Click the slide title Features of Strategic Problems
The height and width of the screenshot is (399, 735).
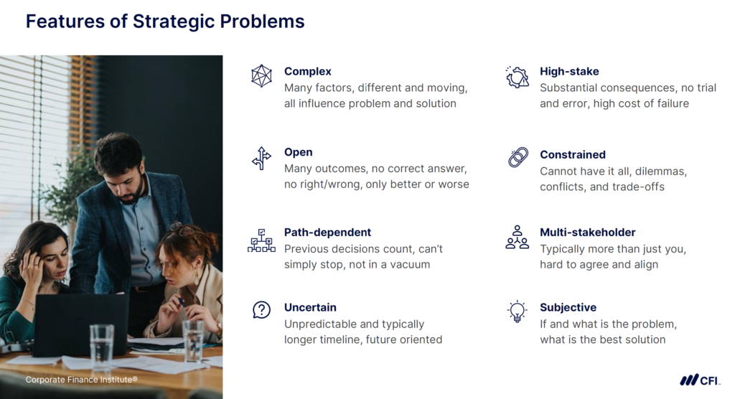pyautogui.click(x=165, y=22)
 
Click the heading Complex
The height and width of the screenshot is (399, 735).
pyautogui.click(x=307, y=71)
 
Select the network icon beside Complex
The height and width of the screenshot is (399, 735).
pyautogui.click(x=261, y=76)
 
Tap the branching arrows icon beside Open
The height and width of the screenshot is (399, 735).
pyautogui.click(x=261, y=158)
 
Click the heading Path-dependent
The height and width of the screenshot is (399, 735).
pyautogui.click(x=327, y=233)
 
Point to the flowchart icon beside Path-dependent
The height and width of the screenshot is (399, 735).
pyautogui.click(x=261, y=240)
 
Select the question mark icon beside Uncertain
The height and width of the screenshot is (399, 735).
pyautogui.click(x=261, y=310)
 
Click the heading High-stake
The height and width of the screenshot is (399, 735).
pyautogui.click(x=569, y=71)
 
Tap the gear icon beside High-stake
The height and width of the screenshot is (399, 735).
pyautogui.click(x=517, y=77)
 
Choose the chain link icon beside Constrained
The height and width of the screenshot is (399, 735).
pyautogui.click(x=518, y=158)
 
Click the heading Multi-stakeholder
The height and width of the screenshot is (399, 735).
pyautogui.click(x=587, y=233)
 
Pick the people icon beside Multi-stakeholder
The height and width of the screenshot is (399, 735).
pyautogui.click(x=517, y=238)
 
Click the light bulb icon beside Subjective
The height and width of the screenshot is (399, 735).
pyautogui.click(x=517, y=311)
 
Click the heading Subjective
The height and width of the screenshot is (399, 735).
pyautogui.click(x=568, y=307)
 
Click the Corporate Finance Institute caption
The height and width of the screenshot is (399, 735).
pyautogui.click(x=81, y=379)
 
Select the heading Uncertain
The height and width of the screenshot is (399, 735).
pyautogui.click(x=310, y=307)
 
